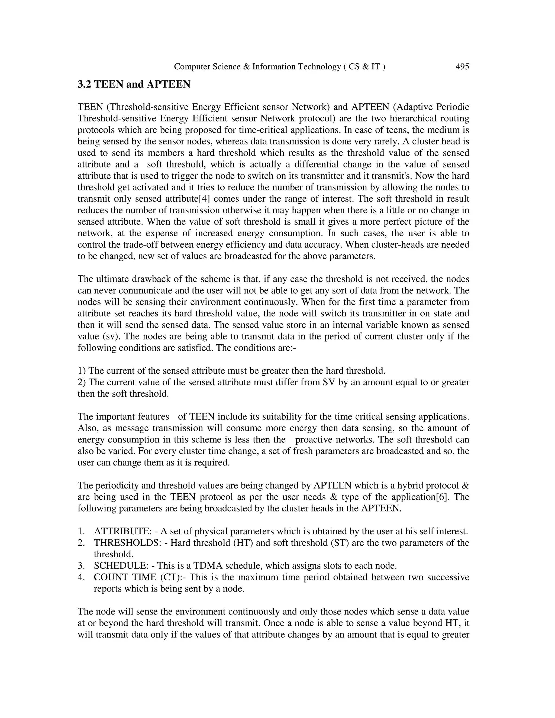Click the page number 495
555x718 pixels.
coord(462,67)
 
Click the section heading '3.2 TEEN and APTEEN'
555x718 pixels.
coord(134,85)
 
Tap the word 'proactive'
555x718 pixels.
coord(316,439)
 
